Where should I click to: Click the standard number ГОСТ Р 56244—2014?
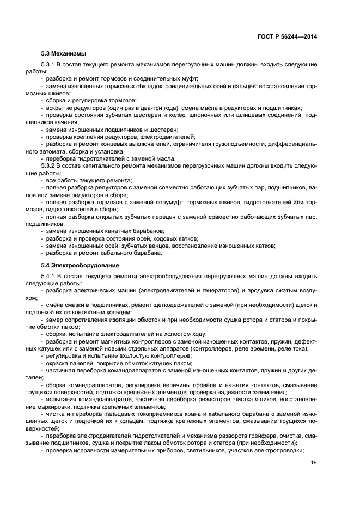[x=287, y=36]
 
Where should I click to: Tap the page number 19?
[x=313, y=463]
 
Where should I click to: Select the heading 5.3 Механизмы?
[x=64, y=54]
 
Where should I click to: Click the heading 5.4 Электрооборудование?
[x=80, y=265]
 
